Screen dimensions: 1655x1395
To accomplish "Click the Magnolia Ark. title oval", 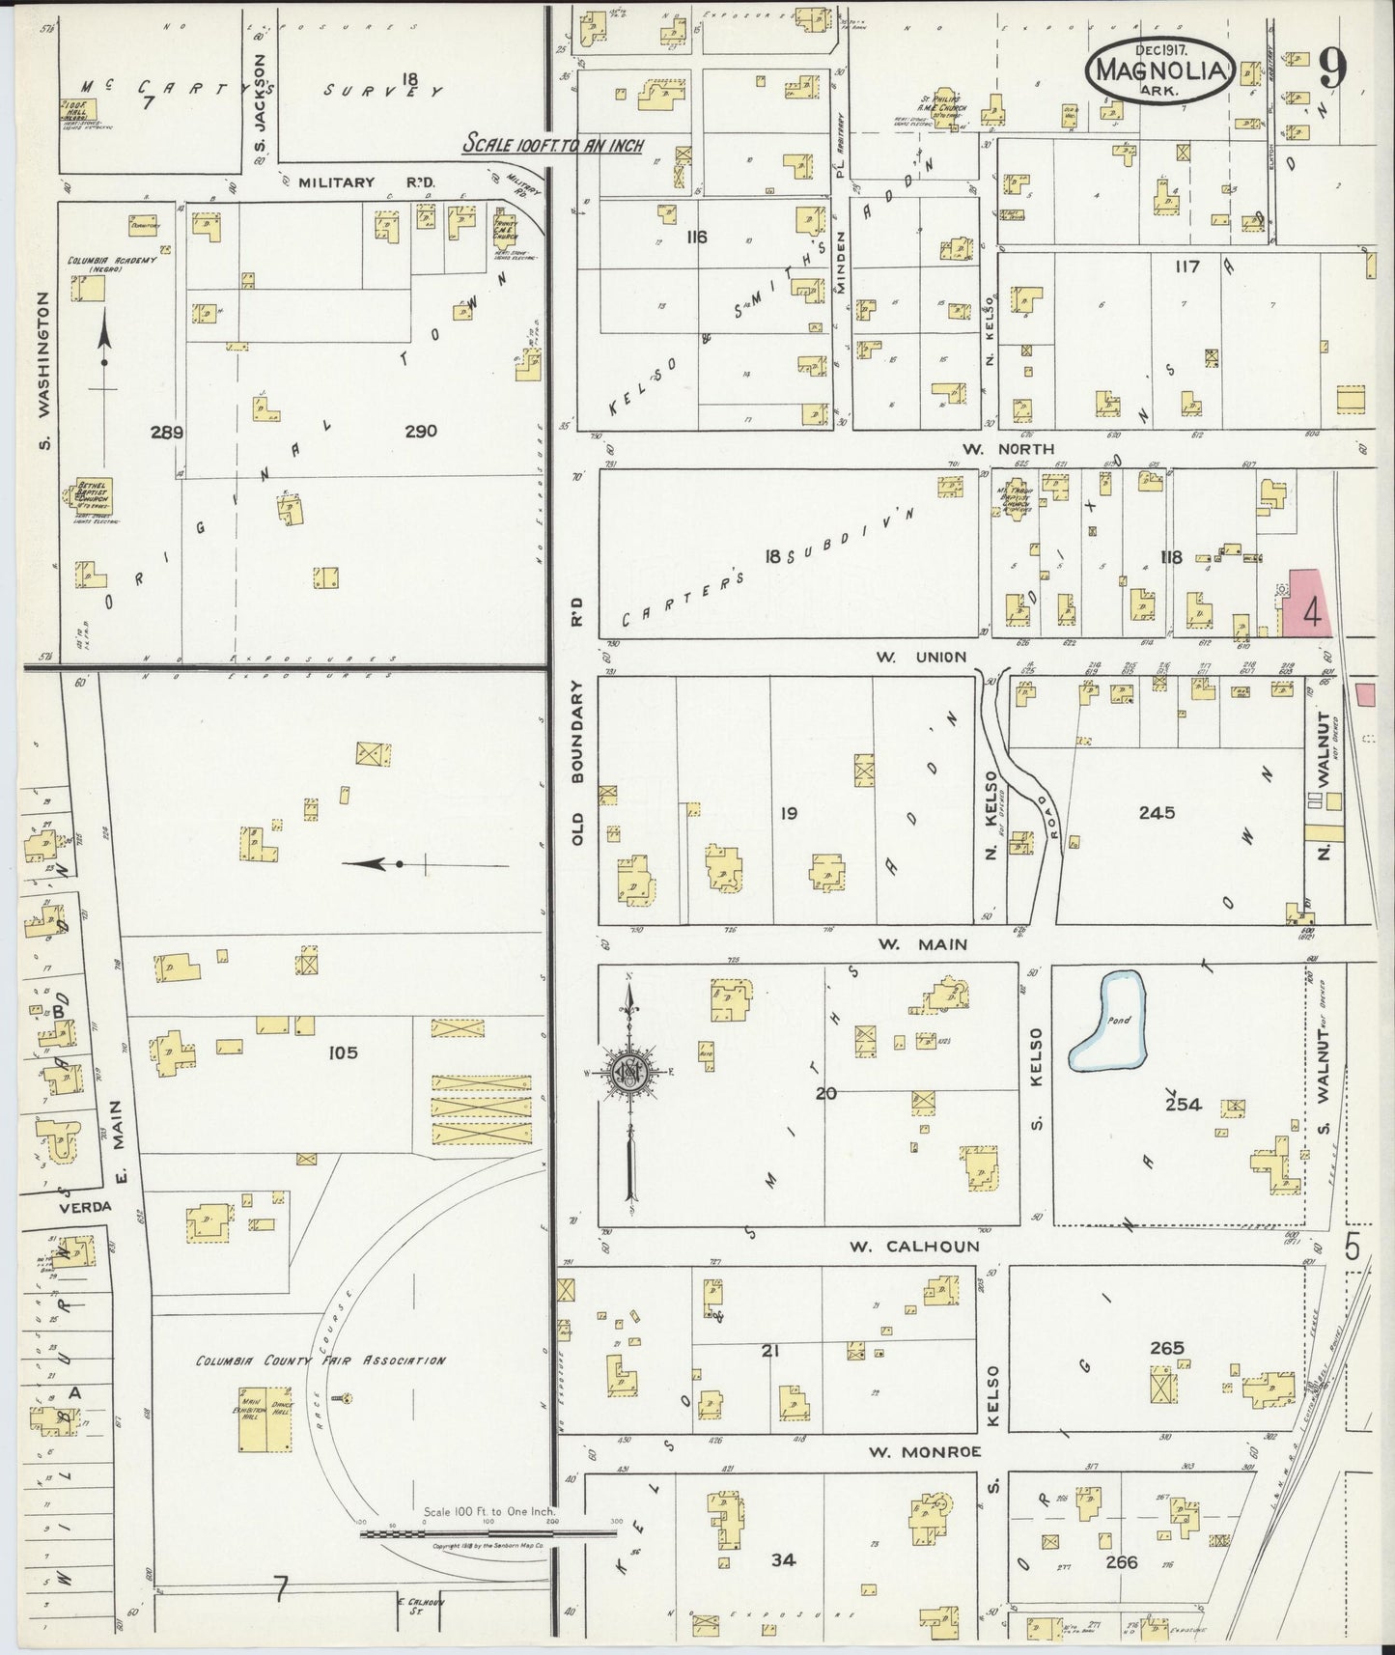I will point(1159,69).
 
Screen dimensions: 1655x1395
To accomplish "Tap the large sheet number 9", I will point(1333,70).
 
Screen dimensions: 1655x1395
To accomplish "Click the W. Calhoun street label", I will point(913,1246).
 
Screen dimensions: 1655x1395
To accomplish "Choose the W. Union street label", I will point(920,657).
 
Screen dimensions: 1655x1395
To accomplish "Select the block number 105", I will point(342,1052).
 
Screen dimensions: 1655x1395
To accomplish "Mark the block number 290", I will point(421,431).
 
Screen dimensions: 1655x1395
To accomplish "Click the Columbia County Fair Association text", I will point(320,1360).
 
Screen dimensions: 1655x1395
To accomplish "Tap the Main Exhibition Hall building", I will point(253,1417).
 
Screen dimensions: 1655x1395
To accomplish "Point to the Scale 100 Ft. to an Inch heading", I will point(552,144).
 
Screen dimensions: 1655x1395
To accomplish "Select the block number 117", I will point(1186,266).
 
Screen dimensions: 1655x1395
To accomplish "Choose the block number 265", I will point(1167,1348).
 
